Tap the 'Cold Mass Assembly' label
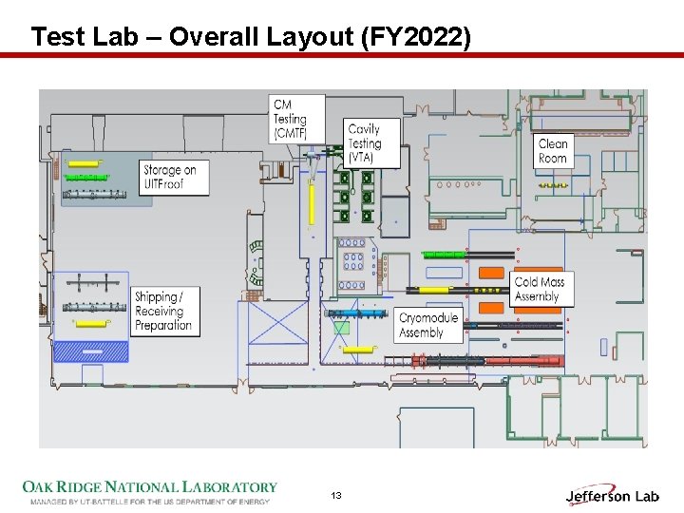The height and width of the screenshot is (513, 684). point(539,290)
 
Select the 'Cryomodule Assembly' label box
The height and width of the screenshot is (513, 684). point(427,325)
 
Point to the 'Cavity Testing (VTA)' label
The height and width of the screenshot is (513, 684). point(365,142)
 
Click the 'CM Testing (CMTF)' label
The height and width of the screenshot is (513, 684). point(290,119)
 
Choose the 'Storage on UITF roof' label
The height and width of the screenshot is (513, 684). point(174,177)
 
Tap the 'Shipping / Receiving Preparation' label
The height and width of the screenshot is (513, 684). point(162,311)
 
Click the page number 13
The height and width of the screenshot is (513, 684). point(336,496)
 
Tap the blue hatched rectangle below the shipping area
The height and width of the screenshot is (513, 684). point(91,351)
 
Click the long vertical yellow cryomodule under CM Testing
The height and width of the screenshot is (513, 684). point(311,204)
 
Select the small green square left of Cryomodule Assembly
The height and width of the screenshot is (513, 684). point(341,329)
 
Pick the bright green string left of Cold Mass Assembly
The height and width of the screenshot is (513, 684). point(444,255)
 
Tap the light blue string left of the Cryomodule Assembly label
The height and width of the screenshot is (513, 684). point(356,313)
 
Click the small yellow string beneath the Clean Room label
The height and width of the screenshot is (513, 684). point(553,185)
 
